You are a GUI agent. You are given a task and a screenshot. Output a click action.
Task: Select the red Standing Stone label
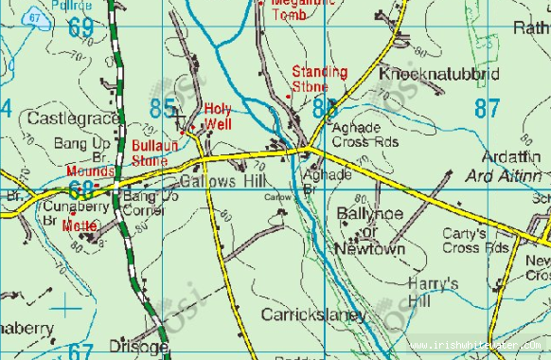pyautogui.click(x=319, y=79)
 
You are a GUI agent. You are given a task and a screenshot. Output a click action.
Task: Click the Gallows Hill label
pyautogui.click(x=212, y=180)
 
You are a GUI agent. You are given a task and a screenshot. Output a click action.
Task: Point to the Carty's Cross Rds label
pyautogui.click(x=475, y=241)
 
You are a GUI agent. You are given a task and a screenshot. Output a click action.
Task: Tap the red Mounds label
pyautogui.click(x=90, y=171)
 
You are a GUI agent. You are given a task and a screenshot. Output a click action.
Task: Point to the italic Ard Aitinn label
pyautogui.click(x=504, y=176)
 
